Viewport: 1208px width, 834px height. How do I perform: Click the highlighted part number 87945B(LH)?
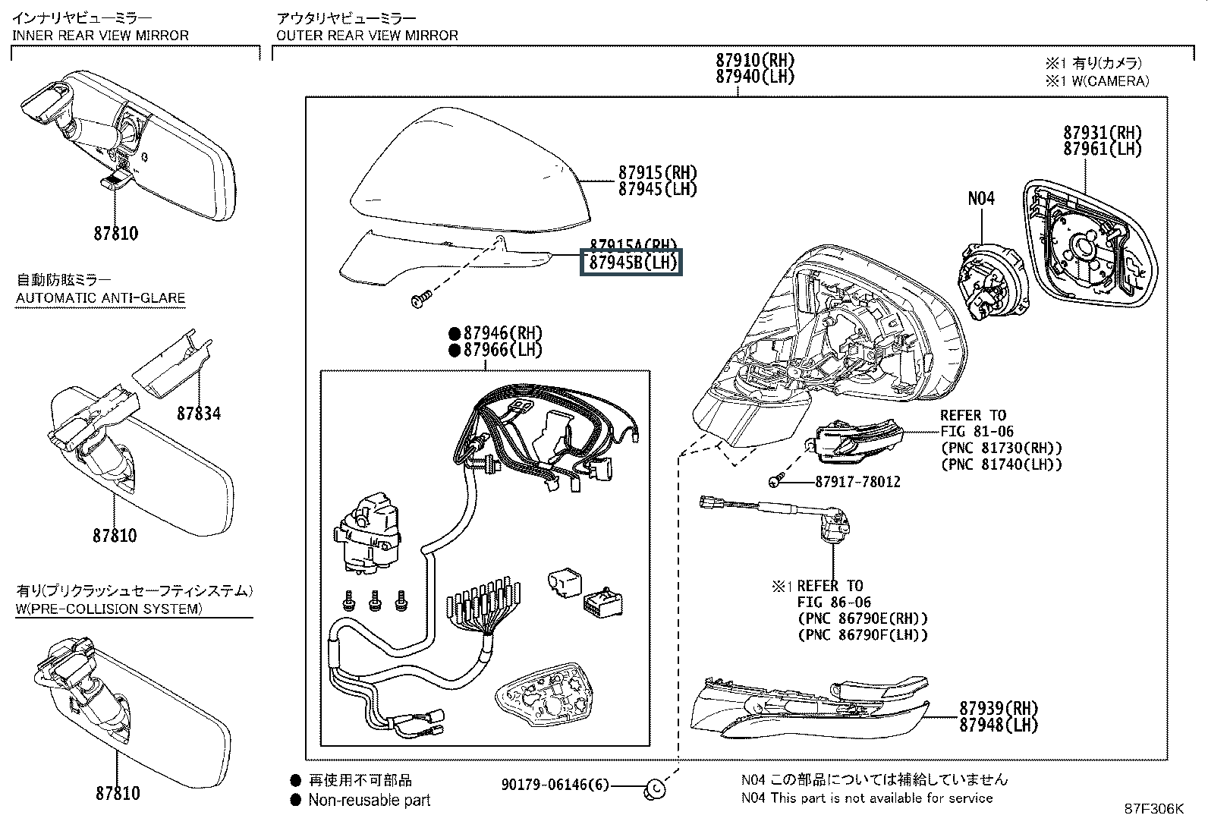pyautogui.click(x=631, y=263)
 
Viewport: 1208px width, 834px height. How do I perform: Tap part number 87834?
pyautogui.click(x=199, y=413)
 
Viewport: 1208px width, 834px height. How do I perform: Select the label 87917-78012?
pyautogui.click(x=858, y=482)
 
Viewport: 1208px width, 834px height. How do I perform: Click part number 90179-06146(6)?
pyautogui.click(x=555, y=785)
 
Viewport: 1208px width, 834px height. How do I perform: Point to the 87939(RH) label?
pyautogui.click(x=998, y=707)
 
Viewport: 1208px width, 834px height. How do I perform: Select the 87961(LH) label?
pyautogui.click(x=1102, y=149)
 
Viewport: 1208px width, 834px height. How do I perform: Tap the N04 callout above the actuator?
pyautogui.click(x=980, y=198)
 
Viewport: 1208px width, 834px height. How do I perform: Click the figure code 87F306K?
pyautogui.click(x=1153, y=809)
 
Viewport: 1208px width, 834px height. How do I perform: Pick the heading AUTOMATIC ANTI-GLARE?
pyautogui.click(x=100, y=297)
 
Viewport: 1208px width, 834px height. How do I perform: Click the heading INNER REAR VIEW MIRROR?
pyautogui.click(x=100, y=35)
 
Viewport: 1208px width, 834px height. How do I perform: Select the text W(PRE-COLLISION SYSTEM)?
pyautogui.click(x=109, y=609)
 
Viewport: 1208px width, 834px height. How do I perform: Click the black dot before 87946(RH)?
pyautogui.click(x=454, y=333)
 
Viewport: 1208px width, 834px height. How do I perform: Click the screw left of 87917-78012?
pyautogui.click(x=776, y=481)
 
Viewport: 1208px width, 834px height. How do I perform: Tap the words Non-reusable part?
pyautogui.click(x=369, y=800)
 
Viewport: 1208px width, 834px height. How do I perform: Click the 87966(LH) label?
pyautogui.click(x=503, y=350)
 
